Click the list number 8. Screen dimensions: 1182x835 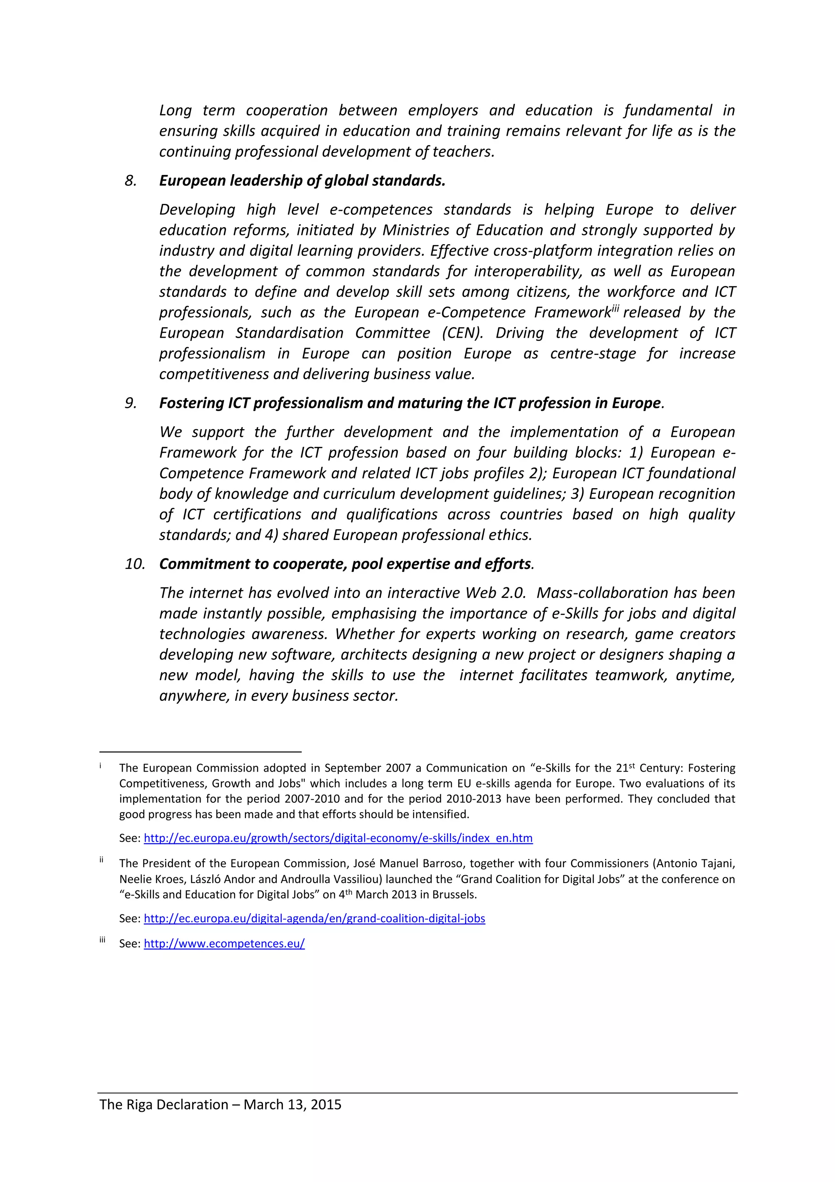coord(131,181)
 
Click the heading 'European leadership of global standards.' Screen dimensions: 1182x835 coord(302,181)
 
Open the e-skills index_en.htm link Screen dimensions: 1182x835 coord(338,838)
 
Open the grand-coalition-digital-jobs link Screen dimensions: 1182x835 coord(314,919)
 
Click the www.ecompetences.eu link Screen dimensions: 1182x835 coord(224,944)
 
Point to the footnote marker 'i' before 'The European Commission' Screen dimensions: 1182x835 coord(101,766)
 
